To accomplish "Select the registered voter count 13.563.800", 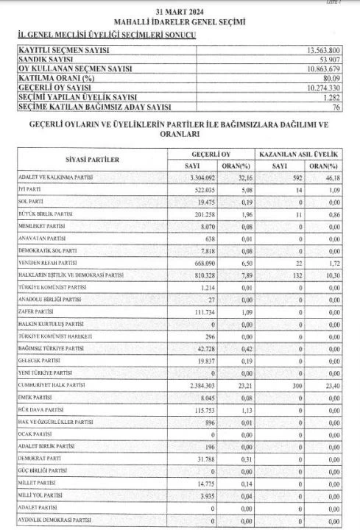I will [x=319, y=49].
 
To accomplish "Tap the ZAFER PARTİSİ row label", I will [x=37, y=312].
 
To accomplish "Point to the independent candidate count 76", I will [x=335, y=107].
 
